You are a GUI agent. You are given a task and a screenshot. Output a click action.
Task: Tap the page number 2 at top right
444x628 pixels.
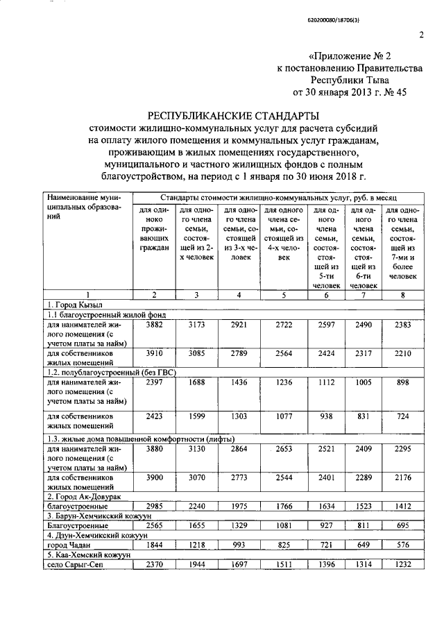tap(420, 35)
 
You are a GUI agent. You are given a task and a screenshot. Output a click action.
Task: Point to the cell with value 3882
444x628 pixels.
tap(154, 324)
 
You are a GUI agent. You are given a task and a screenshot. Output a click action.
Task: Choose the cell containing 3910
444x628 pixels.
tap(154, 353)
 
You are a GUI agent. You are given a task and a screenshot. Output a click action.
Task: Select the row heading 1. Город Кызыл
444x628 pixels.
tap(74, 305)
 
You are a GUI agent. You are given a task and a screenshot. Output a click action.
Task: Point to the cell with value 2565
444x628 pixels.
tap(154, 525)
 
